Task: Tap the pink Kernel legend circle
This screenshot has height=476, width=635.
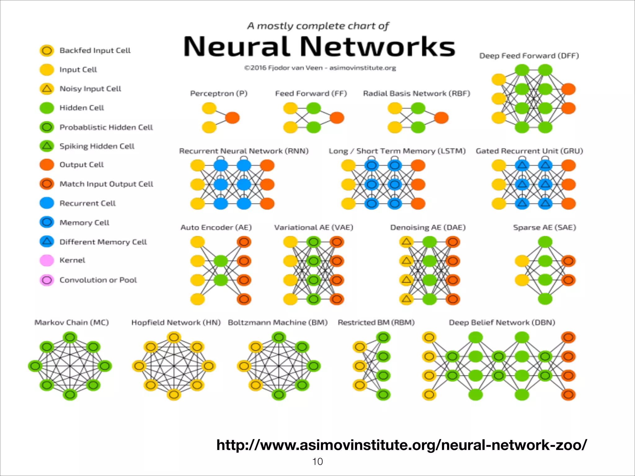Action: [x=47, y=260]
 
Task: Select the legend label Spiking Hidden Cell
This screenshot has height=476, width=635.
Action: [x=97, y=146]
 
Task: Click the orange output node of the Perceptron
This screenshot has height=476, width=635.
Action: [x=232, y=118]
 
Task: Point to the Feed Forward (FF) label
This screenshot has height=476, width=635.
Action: [x=311, y=93]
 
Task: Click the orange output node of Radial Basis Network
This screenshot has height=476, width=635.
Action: [x=441, y=118]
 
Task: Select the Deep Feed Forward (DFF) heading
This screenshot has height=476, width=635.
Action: [x=529, y=56]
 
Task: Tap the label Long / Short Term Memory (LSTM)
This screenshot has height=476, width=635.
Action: [x=397, y=151]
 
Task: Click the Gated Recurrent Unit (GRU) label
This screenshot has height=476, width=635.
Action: [x=529, y=151]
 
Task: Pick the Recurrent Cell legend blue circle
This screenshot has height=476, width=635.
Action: [x=47, y=203]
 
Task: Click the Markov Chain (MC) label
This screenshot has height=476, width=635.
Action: [x=71, y=323]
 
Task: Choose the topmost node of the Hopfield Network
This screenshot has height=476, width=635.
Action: [x=174, y=337]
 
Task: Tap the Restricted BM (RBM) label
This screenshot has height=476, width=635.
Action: [x=376, y=323]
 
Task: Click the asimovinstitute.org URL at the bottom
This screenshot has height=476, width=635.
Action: [x=402, y=445]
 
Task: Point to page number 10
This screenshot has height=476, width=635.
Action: [x=317, y=461]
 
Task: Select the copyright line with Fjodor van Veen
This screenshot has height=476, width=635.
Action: [x=320, y=68]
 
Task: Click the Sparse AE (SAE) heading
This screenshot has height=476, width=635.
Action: [x=544, y=227]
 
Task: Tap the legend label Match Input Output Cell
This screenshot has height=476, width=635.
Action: [x=106, y=184]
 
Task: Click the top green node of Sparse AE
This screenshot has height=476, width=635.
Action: [x=545, y=242]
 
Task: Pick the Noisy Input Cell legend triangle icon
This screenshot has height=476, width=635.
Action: [x=47, y=89]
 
